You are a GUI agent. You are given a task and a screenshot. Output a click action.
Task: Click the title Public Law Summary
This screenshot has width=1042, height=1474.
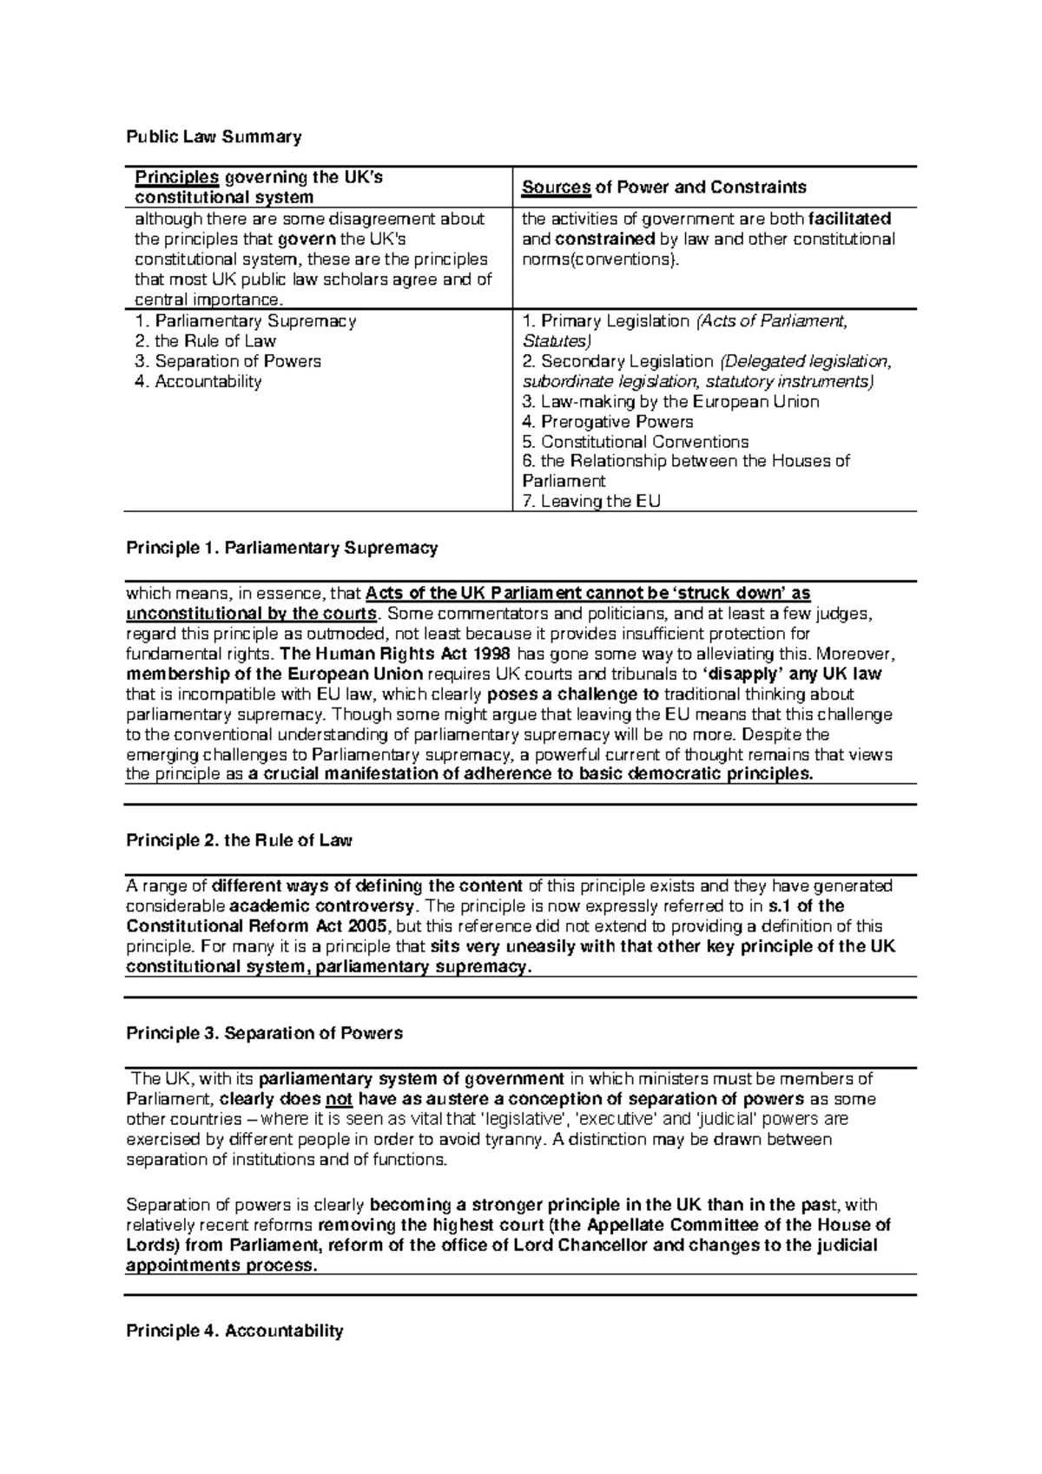pos(214,136)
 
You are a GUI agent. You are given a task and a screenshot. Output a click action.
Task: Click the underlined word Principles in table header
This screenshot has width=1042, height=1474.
pos(176,178)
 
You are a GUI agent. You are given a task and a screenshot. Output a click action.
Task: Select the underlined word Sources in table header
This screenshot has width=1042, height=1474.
pos(556,188)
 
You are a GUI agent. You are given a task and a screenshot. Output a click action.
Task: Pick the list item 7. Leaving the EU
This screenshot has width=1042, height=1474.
pos(590,501)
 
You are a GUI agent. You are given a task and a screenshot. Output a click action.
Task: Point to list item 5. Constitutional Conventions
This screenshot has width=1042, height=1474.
pos(635,442)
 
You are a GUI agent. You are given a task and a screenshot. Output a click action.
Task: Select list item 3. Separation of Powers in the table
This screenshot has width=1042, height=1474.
pos(228,361)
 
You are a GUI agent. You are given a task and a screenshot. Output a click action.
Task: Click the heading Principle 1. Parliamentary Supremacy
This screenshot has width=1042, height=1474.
pos(281,548)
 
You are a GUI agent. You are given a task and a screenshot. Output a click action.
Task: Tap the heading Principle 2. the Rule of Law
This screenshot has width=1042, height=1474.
pos(239,840)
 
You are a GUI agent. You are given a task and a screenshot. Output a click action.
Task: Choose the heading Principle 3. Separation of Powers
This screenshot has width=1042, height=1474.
pos(264,1033)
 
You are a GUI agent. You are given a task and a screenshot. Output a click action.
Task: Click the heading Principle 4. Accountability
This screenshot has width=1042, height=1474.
pos(234,1331)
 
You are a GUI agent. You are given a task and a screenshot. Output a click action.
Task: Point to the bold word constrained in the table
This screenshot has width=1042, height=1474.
pos(604,239)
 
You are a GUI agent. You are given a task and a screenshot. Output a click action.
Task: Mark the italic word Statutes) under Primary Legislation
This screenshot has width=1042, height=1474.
pos(556,341)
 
